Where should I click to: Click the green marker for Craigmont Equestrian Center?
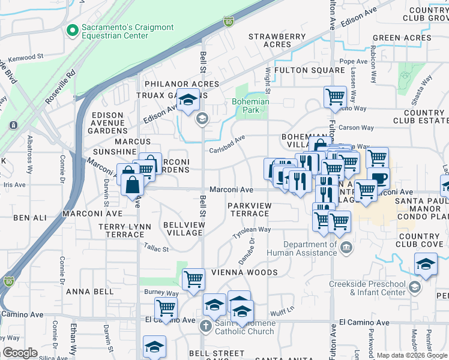(x=73, y=29)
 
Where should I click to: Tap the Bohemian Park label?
(x=250, y=106)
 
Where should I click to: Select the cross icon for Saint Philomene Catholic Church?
(x=205, y=326)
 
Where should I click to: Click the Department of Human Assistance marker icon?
(x=346, y=248)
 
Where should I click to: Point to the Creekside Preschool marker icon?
(x=414, y=287)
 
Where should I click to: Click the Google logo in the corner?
(x=20, y=353)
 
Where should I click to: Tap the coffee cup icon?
(x=378, y=178)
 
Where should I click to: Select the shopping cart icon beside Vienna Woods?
(x=193, y=278)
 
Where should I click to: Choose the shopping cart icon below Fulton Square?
(x=335, y=96)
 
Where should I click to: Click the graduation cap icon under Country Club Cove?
(x=425, y=263)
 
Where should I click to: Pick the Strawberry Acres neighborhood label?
(x=277, y=41)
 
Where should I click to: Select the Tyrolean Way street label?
(x=252, y=232)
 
